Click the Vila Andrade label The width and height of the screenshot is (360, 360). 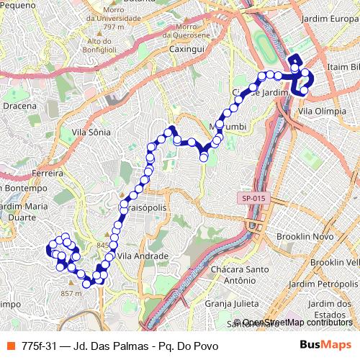coord(143,256)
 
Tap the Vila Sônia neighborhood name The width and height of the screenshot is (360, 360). coord(91,132)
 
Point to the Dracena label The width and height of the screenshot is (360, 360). coord(19,106)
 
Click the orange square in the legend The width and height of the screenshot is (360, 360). coord(9,346)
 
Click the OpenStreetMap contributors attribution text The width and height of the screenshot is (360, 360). coord(293,323)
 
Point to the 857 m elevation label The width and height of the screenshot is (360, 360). coord(71,293)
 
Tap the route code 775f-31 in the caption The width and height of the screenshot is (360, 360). coord(39,346)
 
